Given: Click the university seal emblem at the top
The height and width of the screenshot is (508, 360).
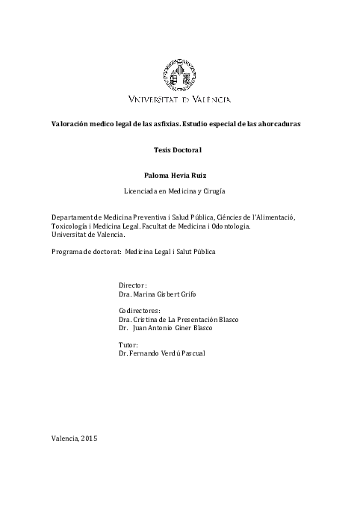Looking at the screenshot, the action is click(x=179, y=75).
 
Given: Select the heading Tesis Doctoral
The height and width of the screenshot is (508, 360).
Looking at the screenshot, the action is click(x=179, y=150).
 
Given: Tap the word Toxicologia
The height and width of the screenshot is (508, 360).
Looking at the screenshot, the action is click(x=72, y=226).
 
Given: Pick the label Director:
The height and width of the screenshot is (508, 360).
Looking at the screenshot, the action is click(x=133, y=285).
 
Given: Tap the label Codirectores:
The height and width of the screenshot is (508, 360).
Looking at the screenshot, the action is click(x=140, y=310).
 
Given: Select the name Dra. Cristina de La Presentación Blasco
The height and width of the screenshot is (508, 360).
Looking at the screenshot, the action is click(x=179, y=319).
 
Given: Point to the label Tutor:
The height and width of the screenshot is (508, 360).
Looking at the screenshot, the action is click(x=129, y=344).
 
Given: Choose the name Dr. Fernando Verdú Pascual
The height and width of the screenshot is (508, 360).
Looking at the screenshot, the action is click(x=161, y=353).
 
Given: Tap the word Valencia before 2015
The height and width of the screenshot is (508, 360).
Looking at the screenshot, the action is click(x=66, y=438).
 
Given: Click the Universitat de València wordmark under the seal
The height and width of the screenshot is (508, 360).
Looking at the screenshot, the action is click(x=179, y=99).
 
